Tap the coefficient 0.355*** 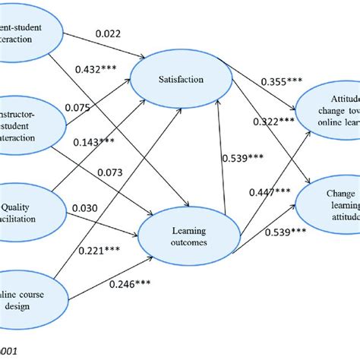click(x=283, y=81)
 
